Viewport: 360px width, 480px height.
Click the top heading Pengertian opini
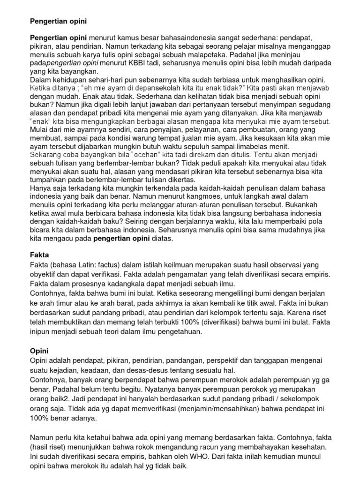click(x=58, y=22)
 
